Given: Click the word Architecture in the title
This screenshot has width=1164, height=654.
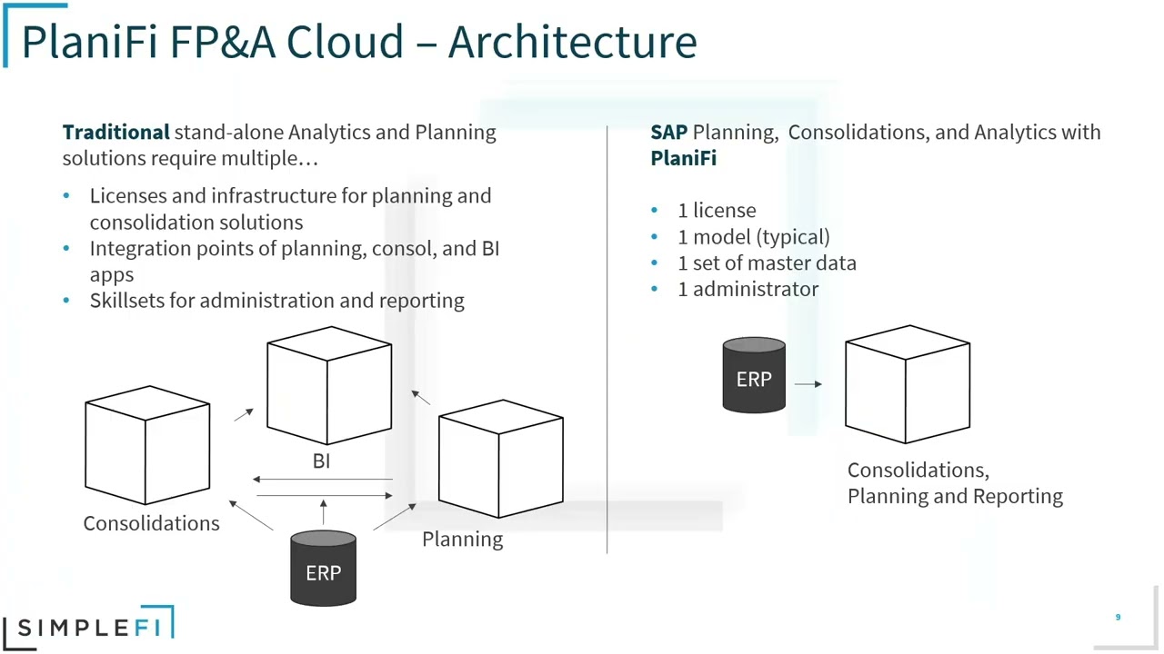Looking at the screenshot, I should tap(572, 42).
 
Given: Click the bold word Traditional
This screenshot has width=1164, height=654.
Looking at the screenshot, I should tap(115, 132).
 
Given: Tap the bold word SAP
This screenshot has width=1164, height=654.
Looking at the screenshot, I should tap(668, 132).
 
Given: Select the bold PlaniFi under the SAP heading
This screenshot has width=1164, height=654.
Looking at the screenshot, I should tap(683, 158).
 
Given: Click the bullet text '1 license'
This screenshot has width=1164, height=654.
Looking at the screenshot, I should tap(717, 210).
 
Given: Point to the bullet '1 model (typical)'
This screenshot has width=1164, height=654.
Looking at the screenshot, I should tap(753, 236).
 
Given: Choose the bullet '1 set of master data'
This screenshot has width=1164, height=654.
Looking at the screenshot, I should tap(767, 263).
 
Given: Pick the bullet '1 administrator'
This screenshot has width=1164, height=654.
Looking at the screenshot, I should tap(748, 289).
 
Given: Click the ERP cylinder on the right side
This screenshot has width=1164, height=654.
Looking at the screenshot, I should tap(754, 376).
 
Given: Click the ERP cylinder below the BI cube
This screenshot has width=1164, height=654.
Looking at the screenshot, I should tap(323, 569).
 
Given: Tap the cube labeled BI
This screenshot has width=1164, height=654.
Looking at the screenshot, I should tap(329, 386).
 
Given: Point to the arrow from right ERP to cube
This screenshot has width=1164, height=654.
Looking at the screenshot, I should tap(808, 384).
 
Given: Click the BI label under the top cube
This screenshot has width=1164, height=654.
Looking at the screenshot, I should tap(321, 461).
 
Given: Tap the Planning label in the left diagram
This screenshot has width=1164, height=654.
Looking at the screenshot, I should tap(462, 540).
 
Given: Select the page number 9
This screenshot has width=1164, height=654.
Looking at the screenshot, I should tap(1118, 618).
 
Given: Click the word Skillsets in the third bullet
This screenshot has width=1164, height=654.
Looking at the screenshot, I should tap(127, 301).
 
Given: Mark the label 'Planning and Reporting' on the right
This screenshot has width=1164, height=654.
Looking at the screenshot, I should tap(955, 496).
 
